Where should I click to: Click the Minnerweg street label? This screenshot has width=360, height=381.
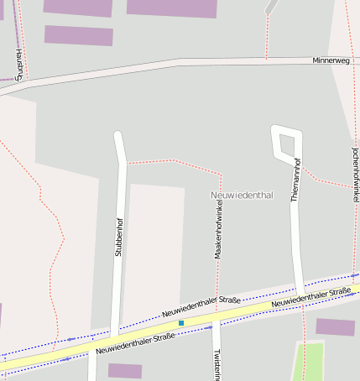pos(331,60)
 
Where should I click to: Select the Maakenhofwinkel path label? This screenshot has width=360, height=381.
pos(219,227)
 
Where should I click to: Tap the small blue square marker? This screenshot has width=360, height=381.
pos(180,322)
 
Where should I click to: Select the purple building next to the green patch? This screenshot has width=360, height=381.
pos(335,326)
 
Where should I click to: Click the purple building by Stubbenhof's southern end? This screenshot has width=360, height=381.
pos(125,370)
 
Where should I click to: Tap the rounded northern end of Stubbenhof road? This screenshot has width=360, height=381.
pos(118,134)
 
